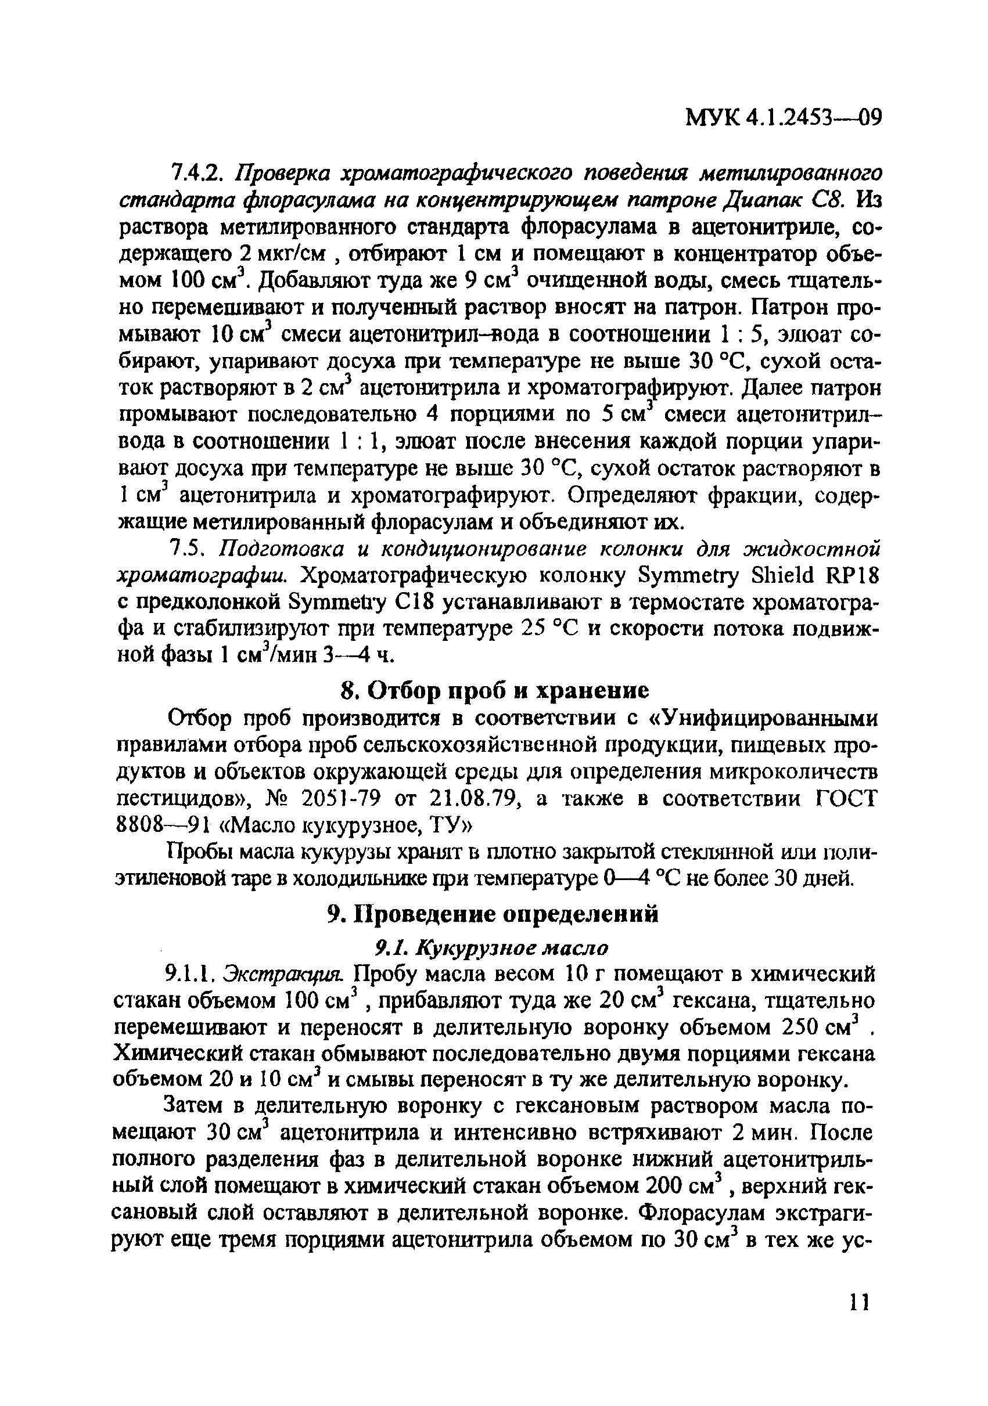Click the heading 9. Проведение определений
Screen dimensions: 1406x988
(x=493, y=915)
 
